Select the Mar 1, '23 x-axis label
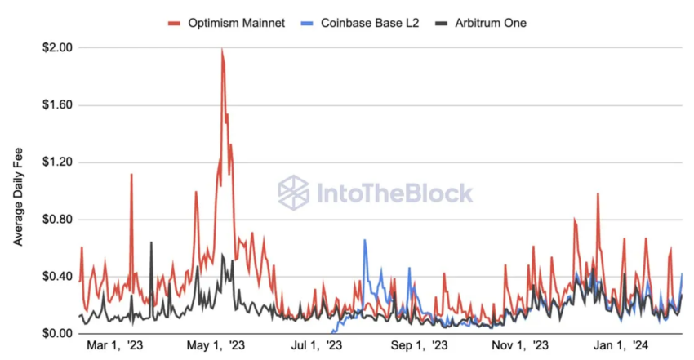pos(115,347)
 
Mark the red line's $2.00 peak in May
pos(222,50)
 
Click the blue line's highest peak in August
pos(364,240)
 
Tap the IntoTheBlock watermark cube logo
pos(293,193)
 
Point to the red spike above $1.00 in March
pos(131,175)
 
